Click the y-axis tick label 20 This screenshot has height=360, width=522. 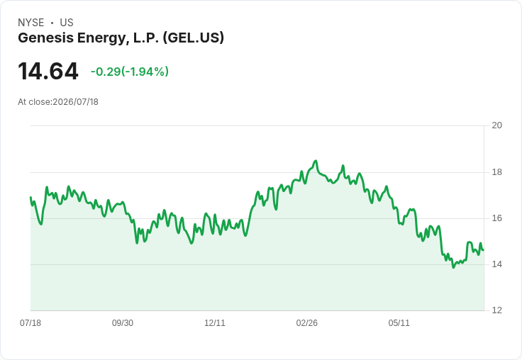click(496, 125)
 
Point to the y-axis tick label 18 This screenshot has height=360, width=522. click(496, 172)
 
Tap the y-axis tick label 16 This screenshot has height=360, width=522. click(496, 218)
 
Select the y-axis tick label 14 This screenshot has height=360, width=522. click(496, 264)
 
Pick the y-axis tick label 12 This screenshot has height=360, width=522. click(496, 310)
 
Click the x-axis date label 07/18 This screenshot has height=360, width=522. click(30, 323)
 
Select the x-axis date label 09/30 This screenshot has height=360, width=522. click(123, 323)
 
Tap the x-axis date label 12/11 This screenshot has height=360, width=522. click(215, 323)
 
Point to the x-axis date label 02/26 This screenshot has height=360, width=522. click(307, 323)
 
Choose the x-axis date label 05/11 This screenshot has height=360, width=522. click(399, 323)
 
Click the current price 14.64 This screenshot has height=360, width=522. click(48, 71)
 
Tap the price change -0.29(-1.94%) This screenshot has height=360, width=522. click(130, 72)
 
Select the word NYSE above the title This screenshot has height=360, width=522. click(31, 23)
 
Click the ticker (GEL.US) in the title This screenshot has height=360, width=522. click(194, 38)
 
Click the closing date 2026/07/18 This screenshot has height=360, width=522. click(76, 102)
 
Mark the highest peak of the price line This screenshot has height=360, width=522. click(316, 161)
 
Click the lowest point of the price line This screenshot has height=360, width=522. click(453, 267)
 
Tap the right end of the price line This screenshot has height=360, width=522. click(484, 250)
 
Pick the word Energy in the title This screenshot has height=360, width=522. click(102, 38)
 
